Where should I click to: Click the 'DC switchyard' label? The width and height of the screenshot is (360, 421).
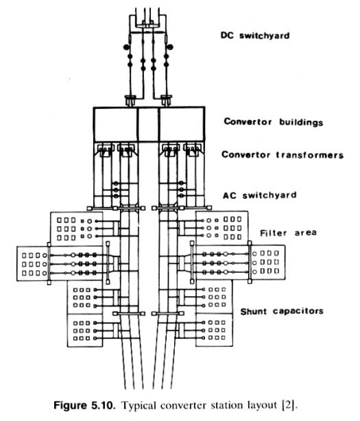tap(255, 36)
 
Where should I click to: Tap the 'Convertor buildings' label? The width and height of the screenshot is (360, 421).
tap(274, 122)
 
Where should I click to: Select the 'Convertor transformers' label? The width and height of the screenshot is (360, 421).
tap(283, 155)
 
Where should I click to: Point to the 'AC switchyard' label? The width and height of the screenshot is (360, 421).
tap(260, 195)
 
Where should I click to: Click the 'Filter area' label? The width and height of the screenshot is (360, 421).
tap(288, 232)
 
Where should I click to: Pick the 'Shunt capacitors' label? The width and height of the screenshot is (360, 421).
tap(282, 311)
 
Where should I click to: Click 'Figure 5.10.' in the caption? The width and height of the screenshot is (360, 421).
tap(84, 405)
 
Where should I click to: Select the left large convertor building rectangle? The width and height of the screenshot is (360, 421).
tap(116, 124)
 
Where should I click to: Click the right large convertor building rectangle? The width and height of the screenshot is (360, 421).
tap(182, 124)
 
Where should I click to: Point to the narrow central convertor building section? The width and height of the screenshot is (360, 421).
tap(148, 124)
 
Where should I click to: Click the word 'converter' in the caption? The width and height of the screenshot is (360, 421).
tap(183, 405)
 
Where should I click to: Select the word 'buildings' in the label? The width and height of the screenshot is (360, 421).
tap(301, 122)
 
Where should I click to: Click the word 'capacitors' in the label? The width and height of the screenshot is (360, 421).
tap(298, 311)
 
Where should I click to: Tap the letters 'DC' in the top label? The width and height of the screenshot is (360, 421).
tap(227, 36)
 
